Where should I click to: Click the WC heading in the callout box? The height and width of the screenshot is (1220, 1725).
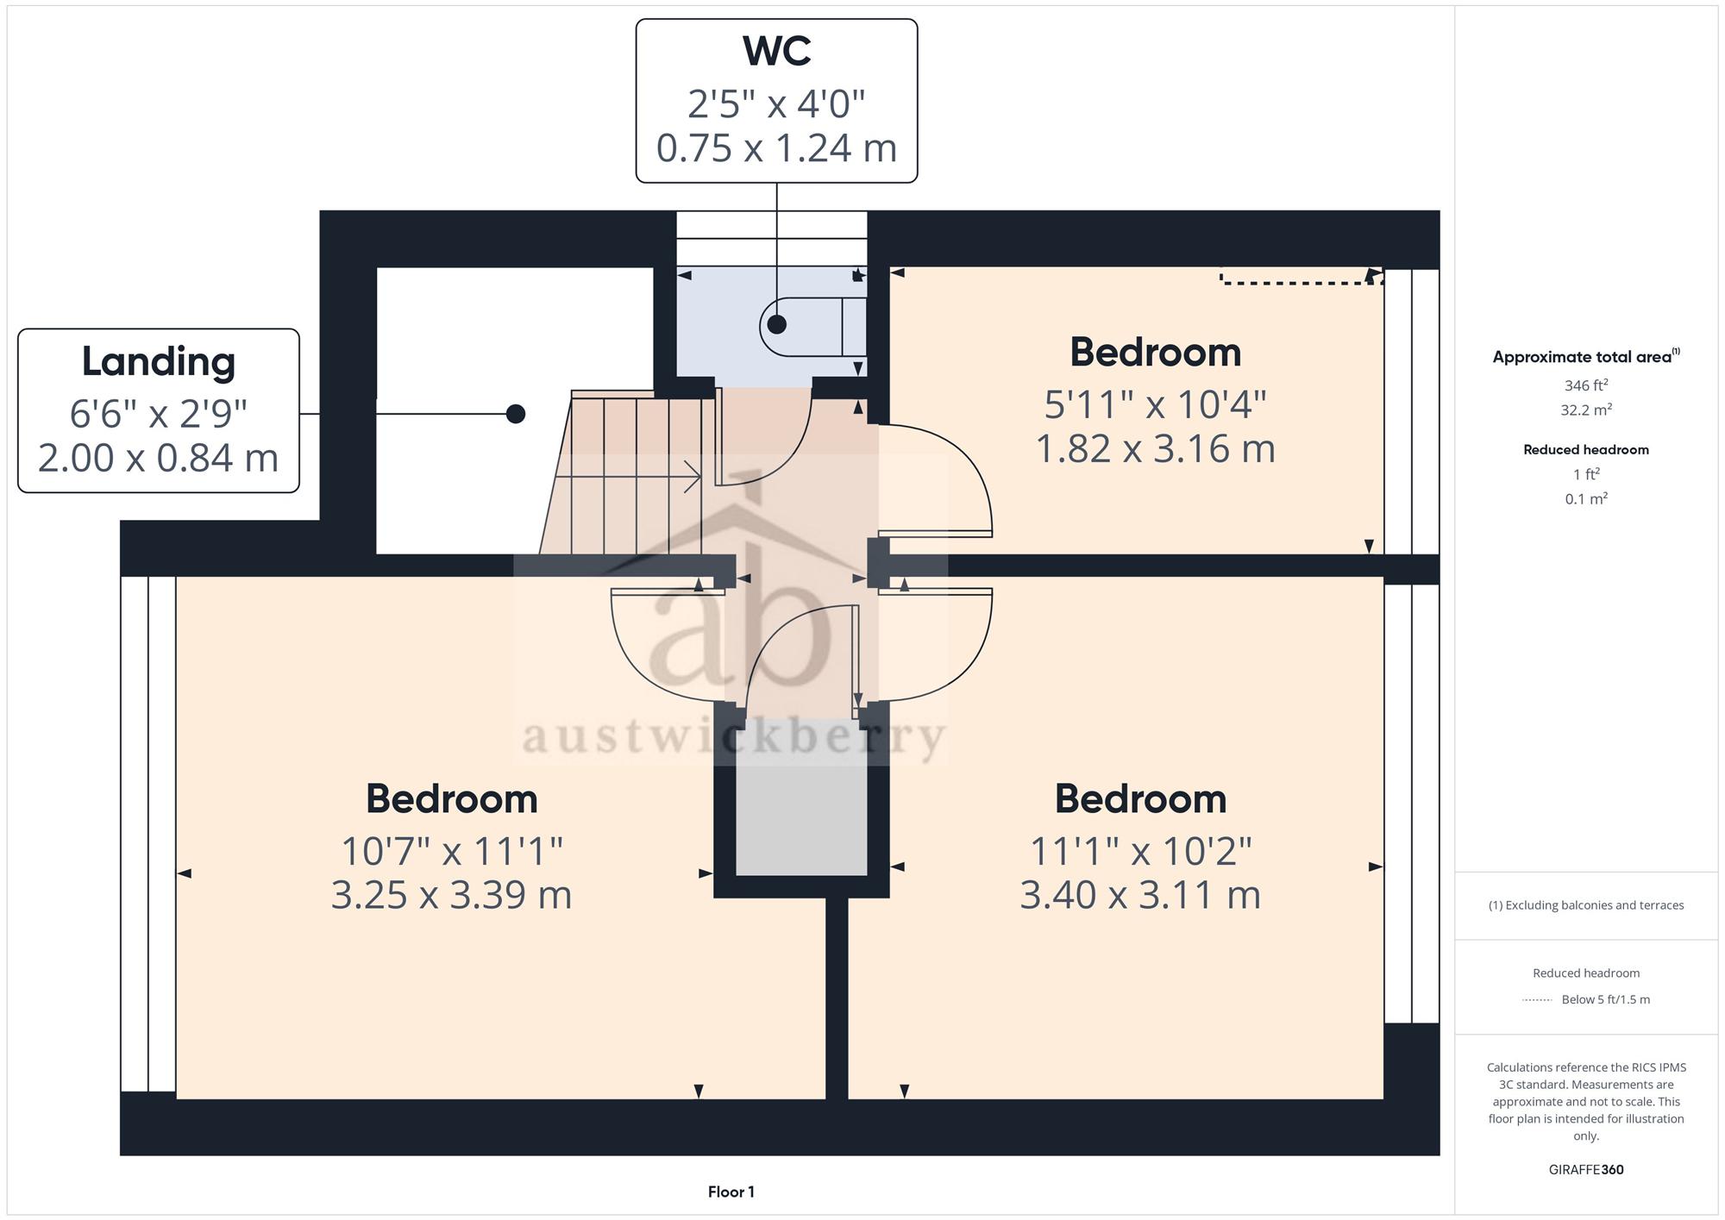coord(776,52)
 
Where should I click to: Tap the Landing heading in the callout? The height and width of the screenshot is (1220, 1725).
coord(159,362)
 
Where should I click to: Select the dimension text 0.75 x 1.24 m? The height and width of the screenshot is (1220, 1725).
coord(776,147)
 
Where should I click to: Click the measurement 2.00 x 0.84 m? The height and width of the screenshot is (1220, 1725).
coord(159,457)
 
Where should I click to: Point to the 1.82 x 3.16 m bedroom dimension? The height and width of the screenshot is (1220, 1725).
coord(1155,448)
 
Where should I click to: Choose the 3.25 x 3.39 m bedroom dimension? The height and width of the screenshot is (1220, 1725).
coord(452,894)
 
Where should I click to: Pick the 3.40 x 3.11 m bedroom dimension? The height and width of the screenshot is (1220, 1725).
coord(1140,894)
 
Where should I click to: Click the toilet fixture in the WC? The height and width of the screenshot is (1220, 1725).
coord(812,326)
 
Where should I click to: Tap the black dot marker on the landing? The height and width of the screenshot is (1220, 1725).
coord(516,414)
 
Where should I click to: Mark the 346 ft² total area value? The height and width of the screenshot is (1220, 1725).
coord(1586,385)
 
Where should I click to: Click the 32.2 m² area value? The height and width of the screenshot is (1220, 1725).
coord(1586,410)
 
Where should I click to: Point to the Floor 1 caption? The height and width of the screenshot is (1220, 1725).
coord(731,1192)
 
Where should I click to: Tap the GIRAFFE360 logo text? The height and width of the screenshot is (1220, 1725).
coord(1586,1169)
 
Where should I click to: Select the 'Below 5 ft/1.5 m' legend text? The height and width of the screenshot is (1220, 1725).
coord(1606,999)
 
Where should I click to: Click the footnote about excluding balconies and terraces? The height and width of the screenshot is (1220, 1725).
coord(1586,905)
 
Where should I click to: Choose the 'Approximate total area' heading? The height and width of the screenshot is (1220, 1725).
coord(1586,357)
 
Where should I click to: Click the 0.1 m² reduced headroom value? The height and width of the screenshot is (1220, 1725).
coord(1586,498)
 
